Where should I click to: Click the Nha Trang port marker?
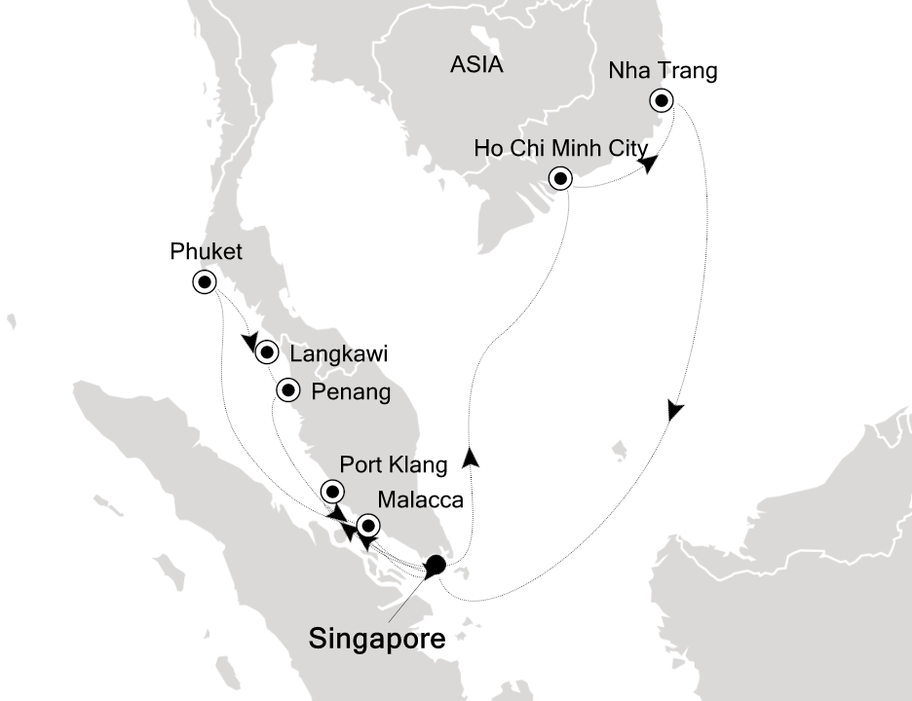(663, 100)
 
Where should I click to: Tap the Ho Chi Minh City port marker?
(560, 178)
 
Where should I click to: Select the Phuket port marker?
(205, 282)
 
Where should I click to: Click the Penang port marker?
(288, 390)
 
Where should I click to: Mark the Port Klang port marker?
(333, 492)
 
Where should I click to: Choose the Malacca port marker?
(367, 526)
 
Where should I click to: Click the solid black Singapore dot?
(436, 565)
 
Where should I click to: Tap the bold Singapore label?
(377, 639)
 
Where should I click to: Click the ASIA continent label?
(476, 65)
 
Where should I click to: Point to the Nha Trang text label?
(663, 71)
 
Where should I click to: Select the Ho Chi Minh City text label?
(560, 149)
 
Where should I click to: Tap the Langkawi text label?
(332, 354)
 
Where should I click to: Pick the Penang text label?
(350, 392)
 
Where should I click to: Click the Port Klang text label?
(395, 465)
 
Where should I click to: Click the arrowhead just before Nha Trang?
(647, 166)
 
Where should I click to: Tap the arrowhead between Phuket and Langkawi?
(250, 342)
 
